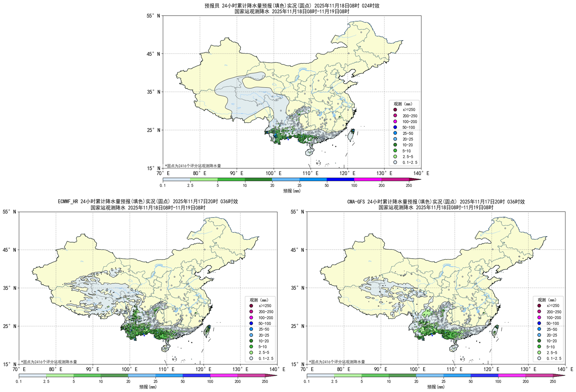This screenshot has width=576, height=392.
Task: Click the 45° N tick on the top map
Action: point(154,54)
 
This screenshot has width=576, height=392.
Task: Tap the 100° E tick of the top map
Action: point(274,173)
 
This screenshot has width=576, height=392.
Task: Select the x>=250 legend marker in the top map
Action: point(395,110)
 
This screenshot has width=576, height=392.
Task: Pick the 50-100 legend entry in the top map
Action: point(408,128)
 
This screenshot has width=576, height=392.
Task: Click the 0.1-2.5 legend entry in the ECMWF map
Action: point(266,358)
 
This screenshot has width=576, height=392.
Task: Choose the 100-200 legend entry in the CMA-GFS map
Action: point(553,318)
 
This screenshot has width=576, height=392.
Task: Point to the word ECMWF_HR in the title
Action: point(68,201)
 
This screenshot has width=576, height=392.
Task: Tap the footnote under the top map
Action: point(193,166)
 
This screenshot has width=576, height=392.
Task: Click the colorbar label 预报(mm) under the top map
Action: point(292,191)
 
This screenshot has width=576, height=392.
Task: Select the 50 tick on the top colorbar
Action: point(327,185)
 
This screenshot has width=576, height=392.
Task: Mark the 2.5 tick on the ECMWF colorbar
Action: point(46,381)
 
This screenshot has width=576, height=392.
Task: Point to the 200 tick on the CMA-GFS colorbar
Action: point(526,381)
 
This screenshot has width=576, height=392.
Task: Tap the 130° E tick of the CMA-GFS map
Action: point(529,369)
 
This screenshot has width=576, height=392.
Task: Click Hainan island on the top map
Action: point(310,152)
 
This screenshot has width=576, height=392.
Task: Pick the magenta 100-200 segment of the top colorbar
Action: point(368,179)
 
